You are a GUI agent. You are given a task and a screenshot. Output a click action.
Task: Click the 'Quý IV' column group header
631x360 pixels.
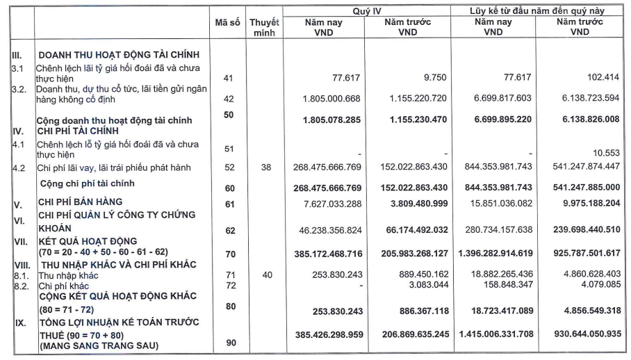[367, 10]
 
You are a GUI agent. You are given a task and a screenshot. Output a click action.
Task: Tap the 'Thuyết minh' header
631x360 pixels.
[265, 27]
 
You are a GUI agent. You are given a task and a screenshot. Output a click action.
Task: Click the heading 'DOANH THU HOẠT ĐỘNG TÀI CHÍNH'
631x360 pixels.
[119, 55]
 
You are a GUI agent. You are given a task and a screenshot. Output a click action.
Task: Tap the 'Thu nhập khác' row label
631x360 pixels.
[63, 275]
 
